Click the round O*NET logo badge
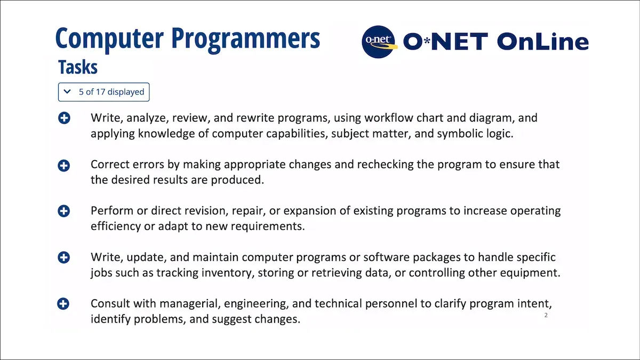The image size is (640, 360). tap(380, 41)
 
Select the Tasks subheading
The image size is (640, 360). tap(78, 68)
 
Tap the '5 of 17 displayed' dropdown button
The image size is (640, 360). tap(104, 92)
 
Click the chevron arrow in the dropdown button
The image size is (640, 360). tap(67, 92)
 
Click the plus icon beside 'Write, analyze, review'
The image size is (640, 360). tap(63, 118)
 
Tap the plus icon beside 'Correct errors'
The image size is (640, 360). tap(63, 165)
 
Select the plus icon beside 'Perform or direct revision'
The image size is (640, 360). tap(63, 211)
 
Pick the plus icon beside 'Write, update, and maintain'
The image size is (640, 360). tap(63, 258)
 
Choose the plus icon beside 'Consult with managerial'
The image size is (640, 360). tap(63, 304)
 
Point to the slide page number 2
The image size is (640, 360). tap(546, 316)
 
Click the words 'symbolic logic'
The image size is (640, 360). tap(475, 133)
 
